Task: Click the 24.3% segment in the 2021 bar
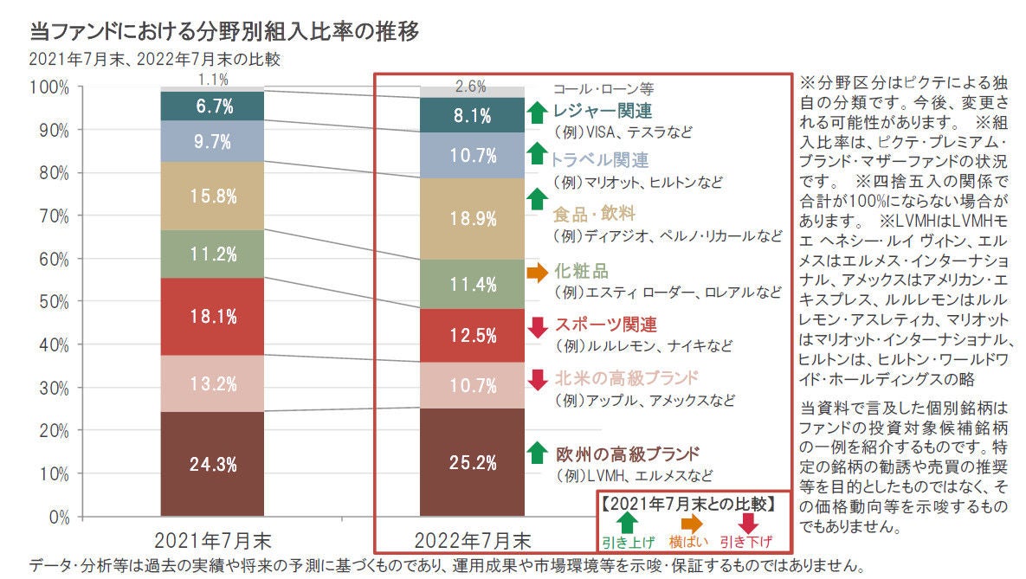(212, 463)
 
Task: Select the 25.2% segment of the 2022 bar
(472, 462)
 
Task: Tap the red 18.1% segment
(212, 317)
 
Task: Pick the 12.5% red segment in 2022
(472, 335)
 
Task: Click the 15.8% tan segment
(212, 196)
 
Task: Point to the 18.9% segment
(472, 218)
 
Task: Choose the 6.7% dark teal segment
(212, 106)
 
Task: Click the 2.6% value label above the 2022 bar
(470, 87)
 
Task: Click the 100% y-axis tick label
(49, 87)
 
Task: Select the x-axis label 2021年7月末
(212, 541)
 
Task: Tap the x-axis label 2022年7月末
(473, 541)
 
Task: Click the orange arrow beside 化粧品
(537, 272)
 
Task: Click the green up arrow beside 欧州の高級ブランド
(537, 453)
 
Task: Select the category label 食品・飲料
(594, 214)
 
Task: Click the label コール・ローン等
(603, 89)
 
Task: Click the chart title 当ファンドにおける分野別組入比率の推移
(224, 31)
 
